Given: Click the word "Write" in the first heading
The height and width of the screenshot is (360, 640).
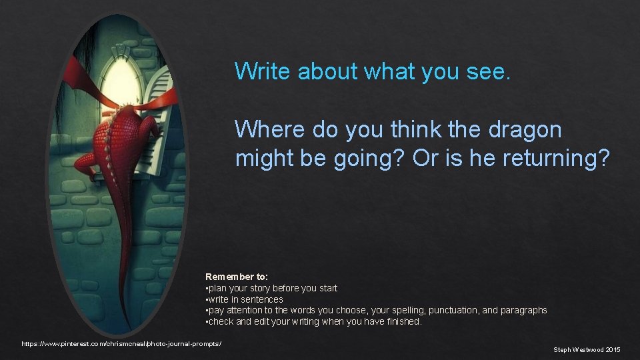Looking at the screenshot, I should [x=263, y=71].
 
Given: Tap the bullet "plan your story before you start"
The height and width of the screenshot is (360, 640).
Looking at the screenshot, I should [x=273, y=288].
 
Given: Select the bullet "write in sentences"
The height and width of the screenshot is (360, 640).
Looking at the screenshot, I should [x=245, y=299].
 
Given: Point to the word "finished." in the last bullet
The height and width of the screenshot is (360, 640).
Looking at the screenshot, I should [x=401, y=321].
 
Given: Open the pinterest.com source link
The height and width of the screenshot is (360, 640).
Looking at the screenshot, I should [x=121, y=343].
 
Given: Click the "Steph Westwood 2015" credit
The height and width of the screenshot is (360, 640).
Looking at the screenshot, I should [x=587, y=349].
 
